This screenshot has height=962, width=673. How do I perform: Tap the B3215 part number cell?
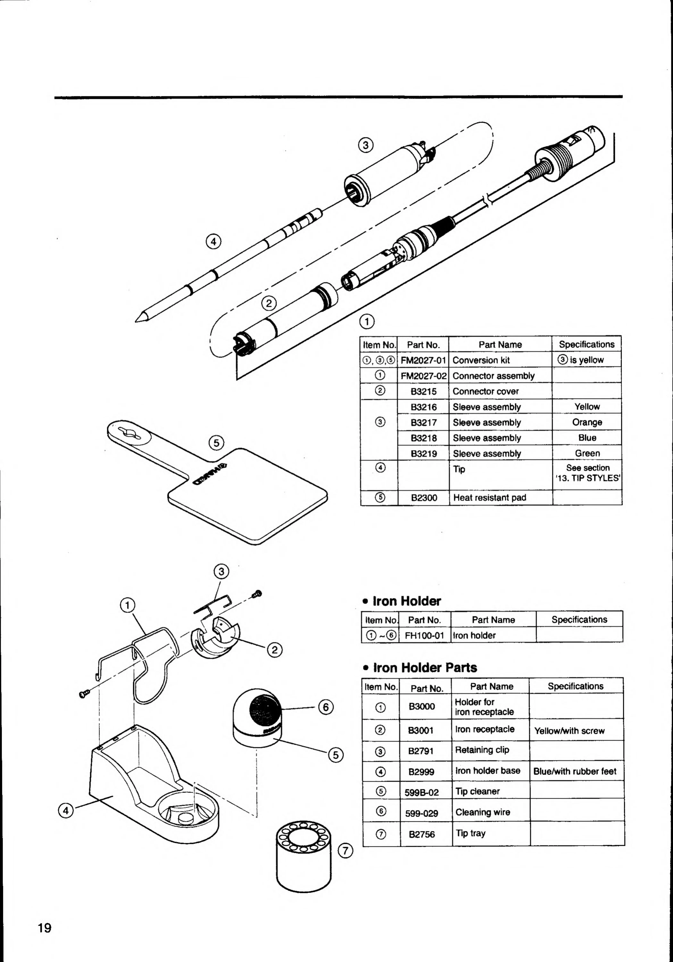pos(423,391)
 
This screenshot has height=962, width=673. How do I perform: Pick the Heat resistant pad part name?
pos(489,498)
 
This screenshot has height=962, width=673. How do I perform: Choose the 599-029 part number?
pos(421,813)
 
